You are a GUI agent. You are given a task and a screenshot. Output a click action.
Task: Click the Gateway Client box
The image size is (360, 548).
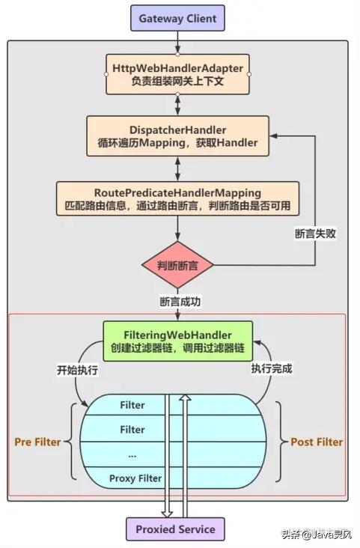click(177, 17)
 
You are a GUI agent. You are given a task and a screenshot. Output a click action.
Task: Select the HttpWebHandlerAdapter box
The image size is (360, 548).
click(177, 73)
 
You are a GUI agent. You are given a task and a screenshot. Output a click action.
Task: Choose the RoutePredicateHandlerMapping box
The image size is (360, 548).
click(177, 197)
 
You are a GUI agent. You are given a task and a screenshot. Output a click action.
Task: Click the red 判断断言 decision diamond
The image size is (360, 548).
click(177, 266)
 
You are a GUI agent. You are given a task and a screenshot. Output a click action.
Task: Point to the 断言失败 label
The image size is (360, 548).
click(315, 233)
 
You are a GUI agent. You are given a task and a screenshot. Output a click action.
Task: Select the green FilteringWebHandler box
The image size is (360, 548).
click(177, 341)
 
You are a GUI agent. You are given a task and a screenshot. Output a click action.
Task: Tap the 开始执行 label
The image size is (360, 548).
click(77, 369)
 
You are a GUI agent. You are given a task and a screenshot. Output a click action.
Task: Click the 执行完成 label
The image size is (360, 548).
click(271, 369)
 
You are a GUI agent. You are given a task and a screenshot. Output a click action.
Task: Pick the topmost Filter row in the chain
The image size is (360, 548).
click(132, 405)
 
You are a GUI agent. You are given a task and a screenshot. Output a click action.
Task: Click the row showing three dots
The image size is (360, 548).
click(132, 454)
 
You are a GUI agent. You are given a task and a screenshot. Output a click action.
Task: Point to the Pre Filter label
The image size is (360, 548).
click(37, 442)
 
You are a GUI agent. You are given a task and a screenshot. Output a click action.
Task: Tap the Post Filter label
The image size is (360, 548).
click(317, 442)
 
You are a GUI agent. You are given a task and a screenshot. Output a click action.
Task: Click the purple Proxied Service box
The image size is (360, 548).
click(175, 529)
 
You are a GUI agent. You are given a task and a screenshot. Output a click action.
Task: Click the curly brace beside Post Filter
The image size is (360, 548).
click(279, 441)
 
